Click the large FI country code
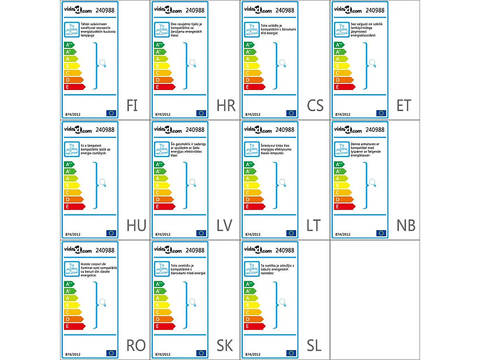click(x=132, y=105)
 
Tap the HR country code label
click(x=226, y=105)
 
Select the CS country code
click(x=315, y=105)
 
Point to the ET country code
click(x=404, y=105)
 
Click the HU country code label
click(x=136, y=225)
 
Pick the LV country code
click(x=224, y=225)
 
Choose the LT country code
click(x=314, y=225)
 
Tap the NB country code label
click(x=406, y=225)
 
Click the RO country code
click(x=136, y=345)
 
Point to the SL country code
click(x=314, y=345)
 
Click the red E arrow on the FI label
click(x=75, y=87)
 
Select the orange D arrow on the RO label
click(x=73, y=319)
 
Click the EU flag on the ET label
click(x=381, y=113)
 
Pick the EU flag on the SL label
click(x=291, y=353)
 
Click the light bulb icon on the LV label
click(x=192, y=182)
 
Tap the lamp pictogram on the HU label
click(x=71, y=149)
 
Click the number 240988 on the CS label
click(x=285, y=10)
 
